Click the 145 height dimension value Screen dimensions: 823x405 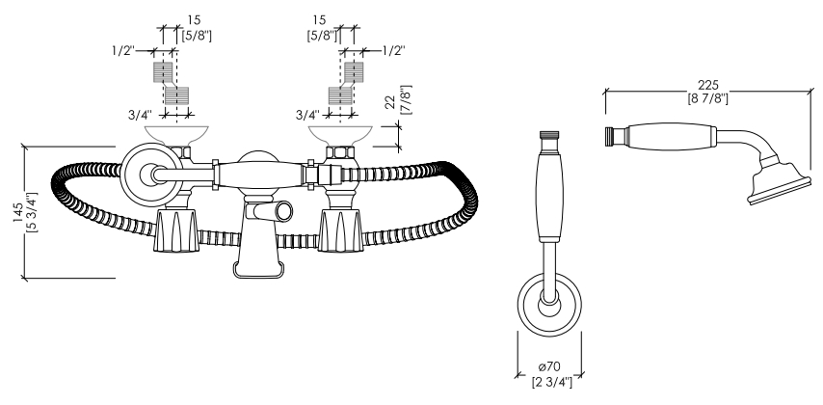[18, 213]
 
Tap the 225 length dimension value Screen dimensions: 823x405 [708, 85]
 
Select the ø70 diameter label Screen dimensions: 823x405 [549, 366]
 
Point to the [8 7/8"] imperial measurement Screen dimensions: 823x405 [708, 98]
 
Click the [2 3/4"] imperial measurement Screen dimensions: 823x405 [552, 382]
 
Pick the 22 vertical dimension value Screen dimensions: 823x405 [390, 102]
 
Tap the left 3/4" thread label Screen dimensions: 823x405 [140, 114]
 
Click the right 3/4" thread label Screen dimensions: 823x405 [307, 114]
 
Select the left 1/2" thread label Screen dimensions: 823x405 [123, 51]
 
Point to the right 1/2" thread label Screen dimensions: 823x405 [393, 50]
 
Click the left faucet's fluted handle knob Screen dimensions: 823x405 [177, 229]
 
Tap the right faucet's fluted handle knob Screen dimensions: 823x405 [341, 229]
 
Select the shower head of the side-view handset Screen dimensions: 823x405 [778, 182]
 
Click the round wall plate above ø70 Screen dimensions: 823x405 [549, 304]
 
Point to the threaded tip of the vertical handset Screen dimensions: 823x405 [549, 136]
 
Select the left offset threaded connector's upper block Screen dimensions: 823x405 [163, 72]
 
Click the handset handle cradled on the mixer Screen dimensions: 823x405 [260, 175]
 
